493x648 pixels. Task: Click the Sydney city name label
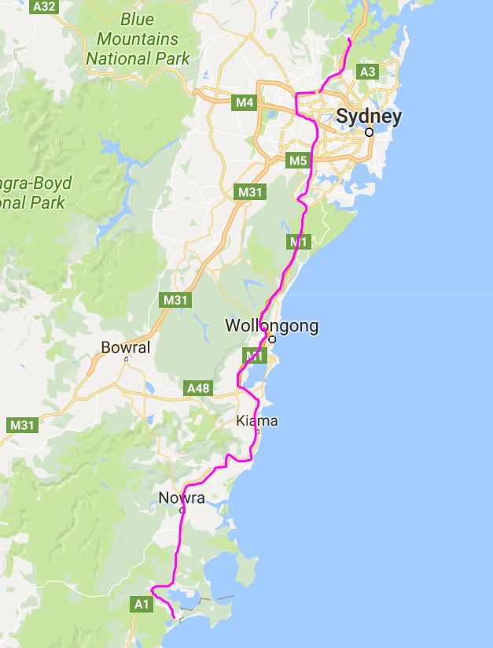(368, 117)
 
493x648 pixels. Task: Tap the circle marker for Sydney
(369, 132)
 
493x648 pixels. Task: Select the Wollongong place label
(271, 326)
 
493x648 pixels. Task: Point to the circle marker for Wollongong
(272, 340)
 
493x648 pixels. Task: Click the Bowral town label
(126, 347)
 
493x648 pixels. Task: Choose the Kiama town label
(256, 421)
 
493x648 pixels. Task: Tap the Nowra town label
(182, 498)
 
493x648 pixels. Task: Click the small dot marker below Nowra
(182, 510)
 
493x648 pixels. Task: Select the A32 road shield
(44, 6)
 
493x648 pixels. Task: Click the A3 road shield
(367, 72)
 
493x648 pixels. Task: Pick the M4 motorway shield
(245, 102)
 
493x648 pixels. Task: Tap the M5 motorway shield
(297, 161)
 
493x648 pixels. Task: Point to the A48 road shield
(198, 388)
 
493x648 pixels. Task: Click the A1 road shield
(142, 604)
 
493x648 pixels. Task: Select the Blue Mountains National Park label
(138, 39)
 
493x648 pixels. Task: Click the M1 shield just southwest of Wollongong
(252, 357)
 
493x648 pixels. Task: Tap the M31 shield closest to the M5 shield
(251, 192)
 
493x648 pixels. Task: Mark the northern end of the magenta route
(348, 37)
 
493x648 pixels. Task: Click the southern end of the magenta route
(173, 618)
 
